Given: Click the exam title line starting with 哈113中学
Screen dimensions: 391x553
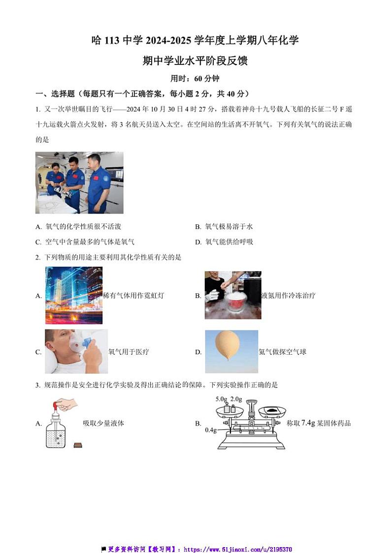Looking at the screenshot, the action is [195, 40].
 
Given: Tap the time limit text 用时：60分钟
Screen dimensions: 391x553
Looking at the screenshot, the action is [195, 78].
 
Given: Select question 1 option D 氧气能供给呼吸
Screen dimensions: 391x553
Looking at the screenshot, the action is [224, 242].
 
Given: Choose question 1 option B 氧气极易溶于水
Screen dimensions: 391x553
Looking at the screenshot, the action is [224, 226].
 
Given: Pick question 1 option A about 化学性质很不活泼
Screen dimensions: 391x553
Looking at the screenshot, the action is [78, 226].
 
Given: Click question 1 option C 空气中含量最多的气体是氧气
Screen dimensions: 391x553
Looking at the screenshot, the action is [85, 242].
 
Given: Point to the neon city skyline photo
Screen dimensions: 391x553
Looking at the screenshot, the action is [74, 296].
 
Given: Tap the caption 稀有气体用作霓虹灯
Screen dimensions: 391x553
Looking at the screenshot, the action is [134, 296].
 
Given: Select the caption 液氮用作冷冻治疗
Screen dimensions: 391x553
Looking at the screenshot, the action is [288, 296].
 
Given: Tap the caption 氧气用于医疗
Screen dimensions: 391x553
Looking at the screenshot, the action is [129, 352].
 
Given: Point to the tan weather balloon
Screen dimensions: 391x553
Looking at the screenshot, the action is [227, 345].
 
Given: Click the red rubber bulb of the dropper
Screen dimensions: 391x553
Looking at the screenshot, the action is [57, 406].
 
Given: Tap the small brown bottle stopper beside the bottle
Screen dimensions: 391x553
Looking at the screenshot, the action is [78, 445].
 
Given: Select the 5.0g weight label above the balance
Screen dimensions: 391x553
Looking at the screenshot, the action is [222, 399].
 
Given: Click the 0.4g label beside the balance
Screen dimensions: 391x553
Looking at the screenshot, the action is [211, 430].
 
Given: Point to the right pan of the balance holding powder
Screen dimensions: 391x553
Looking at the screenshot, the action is [272, 411].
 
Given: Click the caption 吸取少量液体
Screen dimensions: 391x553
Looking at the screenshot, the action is [103, 423].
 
